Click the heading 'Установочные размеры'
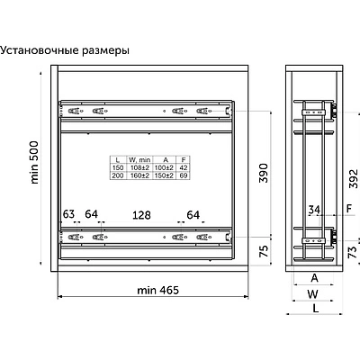[x=65, y=50]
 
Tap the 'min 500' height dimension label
[x=34, y=162]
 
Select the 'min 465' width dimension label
[x=157, y=290]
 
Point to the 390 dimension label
[x=263, y=173]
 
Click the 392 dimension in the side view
[x=354, y=179]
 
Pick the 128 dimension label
[x=141, y=215]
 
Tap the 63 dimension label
[x=68, y=214]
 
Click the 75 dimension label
[x=263, y=251]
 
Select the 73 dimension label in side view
[x=354, y=252]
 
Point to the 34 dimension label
[x=314, y=210]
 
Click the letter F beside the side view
[x=349, y=208]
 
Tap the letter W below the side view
[x=312, y=293]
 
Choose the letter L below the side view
[x=316, y=308]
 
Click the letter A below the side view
[x=314, y=278]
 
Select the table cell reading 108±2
[x=139, y=167]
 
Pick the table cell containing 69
[x=184, y=175]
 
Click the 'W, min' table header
[x=139, y=160]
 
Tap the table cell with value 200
[x=118, y=175]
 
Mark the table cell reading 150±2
[x=164, y=175]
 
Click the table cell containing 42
[x=184, y=167]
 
